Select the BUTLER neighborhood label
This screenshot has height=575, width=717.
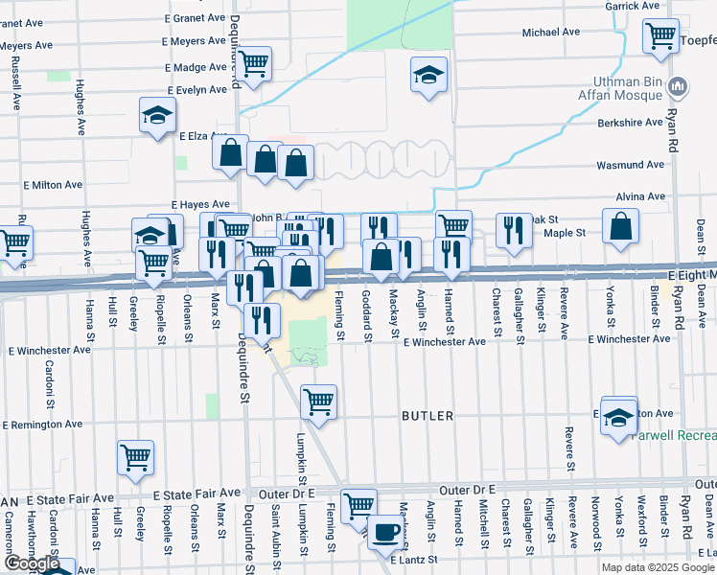pyautogui.click(x=428, y=416)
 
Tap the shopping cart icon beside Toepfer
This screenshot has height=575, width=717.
pyautogui.click(x=660, y=36)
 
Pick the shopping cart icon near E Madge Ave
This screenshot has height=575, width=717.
pyautogui.click(x=254, y=64)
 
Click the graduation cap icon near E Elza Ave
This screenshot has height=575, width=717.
pyautogui.click(x=155, y=116)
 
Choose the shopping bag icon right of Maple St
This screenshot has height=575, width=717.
pyautogui.click(x=621, y=226)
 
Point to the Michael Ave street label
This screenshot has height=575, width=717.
pyautogui.click(x=551, y=32)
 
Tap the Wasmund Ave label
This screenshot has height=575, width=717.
pyautogui.click(x=630, y=165)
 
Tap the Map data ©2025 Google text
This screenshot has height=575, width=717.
pyautogui.click(x=657, y=567)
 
